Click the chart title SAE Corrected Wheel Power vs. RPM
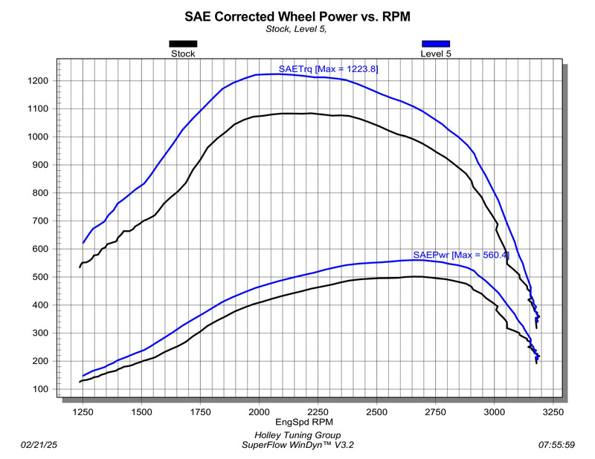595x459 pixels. pos(297,16)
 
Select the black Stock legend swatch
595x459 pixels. pos(183,44)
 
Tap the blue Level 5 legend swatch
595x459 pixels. pos(436,44)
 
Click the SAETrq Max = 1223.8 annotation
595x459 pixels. pos(329,69)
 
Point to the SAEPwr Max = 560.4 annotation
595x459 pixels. pos(460,255)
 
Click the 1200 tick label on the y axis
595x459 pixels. pos(39,81)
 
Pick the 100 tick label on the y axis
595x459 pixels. pos(42,389)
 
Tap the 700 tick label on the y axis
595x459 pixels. pos(42,221)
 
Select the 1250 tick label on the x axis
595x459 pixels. pos(82,410)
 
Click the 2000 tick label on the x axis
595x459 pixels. pos(259,410)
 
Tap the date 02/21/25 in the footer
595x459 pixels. pos(39,445)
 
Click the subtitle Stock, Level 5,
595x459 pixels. pos(296,29)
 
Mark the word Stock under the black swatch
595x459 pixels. pos(183,53)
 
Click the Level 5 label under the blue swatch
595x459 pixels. pos(436,53)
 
